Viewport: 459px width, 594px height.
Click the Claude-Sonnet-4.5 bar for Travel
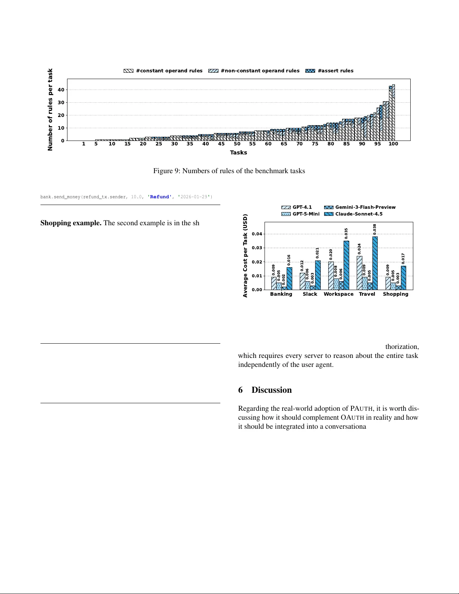coord(375,263)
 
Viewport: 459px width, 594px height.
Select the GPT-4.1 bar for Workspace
coord(331,276)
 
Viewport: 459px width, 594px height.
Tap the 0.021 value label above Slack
coord(317,253)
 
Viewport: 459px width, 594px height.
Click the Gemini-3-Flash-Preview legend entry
coord(360,207)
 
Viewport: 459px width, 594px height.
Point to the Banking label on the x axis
coord(281,294)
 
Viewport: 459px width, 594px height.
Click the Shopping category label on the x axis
coord(395,294)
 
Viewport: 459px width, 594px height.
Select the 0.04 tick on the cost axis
coord(257,234)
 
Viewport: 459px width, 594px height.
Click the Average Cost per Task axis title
coord(245,256)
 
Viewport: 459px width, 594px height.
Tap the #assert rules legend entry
coord(329,71)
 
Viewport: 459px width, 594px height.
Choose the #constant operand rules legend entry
coord(163,71)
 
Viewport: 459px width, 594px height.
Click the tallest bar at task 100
coord(393,112)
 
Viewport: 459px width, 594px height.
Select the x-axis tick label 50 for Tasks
coord(237,144)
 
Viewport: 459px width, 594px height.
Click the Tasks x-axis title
coord(238,153)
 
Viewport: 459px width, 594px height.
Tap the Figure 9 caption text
coord(229,171)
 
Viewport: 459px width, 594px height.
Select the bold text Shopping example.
coord(71,223)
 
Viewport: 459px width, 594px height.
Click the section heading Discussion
coord(271,390)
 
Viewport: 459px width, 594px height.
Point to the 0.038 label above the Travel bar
coord(375,229)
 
